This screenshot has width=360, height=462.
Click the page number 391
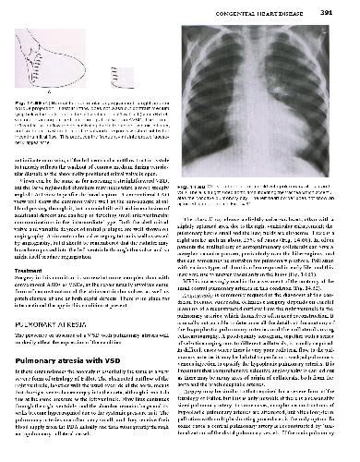coord(344,11)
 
